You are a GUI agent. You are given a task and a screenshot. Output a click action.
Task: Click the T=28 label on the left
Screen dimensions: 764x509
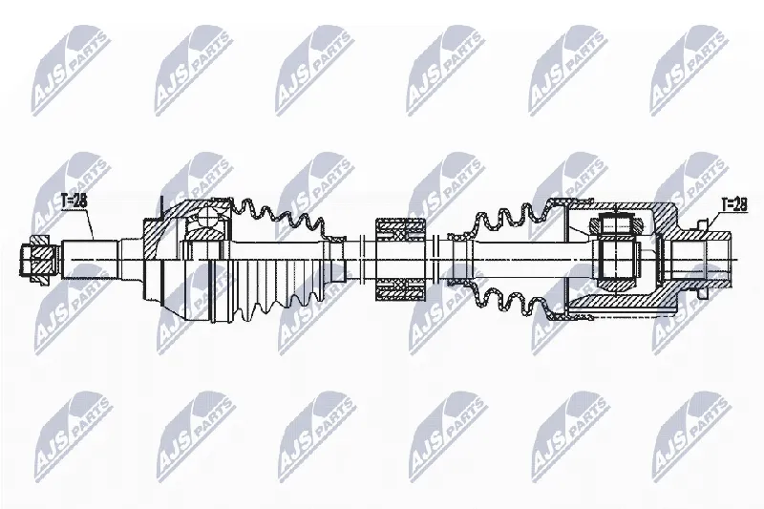coord(74,201)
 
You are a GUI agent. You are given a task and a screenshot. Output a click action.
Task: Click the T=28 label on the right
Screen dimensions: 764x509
coord(733,204)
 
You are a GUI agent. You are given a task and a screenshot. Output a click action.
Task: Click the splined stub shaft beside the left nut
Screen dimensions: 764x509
coord(91,259)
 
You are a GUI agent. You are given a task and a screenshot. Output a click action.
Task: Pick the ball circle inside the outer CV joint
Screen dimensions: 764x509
coord(209,217)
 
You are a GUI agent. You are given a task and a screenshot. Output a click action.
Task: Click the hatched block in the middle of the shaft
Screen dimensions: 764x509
coord(401,259)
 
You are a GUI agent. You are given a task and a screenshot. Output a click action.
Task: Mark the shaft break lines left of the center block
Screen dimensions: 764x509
coord(361,259)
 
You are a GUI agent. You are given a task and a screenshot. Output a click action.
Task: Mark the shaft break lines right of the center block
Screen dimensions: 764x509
coord(435,259)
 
